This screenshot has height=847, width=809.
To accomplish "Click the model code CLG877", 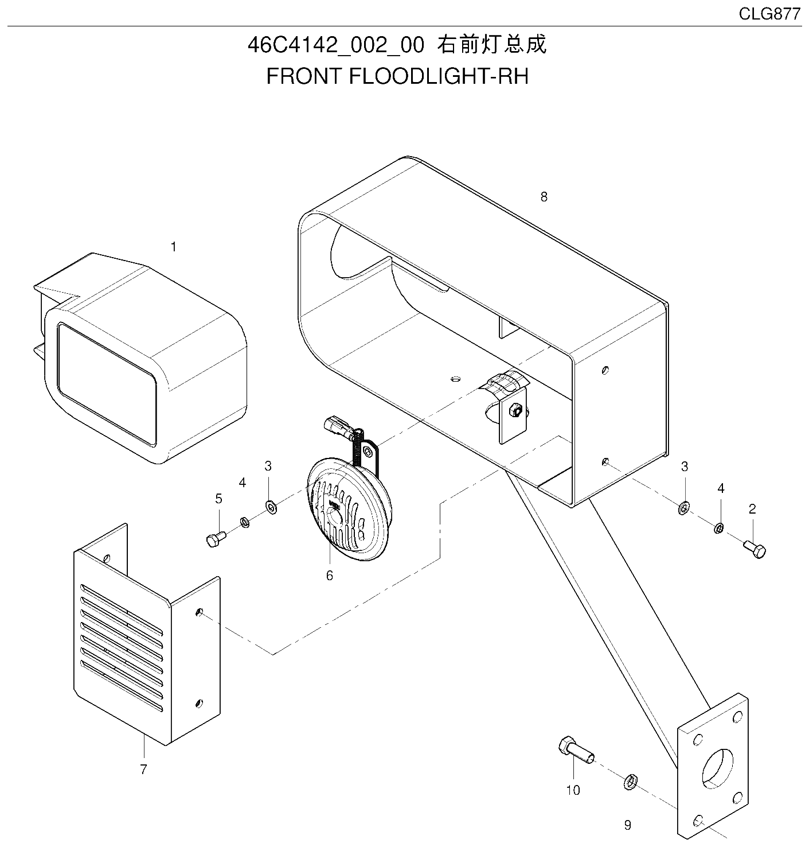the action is pyautogui.click(x=769, y=14).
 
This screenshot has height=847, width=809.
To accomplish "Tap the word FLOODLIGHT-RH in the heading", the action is pyautogui.click(x=439, y=76).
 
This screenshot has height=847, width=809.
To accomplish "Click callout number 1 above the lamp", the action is pyautogui.click(x=174, y=247).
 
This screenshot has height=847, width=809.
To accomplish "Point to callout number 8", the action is pyautogui.click(x=544, y=197).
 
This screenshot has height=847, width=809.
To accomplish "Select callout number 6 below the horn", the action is pyautogui.click(x=329, y=576).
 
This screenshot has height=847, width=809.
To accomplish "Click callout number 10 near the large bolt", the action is pyautogui.click(x=573, y=790).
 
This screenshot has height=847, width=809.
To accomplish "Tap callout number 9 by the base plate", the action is pyautogui.click(x=627, y=825).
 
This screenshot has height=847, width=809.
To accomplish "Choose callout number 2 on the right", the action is pyautogui.click(x=752, y=509).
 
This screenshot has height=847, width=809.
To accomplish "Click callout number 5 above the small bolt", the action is pyautogui.click(x=218, y=498).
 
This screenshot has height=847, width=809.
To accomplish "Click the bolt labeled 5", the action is pyautogui.click(x=216, y=539).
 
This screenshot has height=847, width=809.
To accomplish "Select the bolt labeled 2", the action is pyautogui.click(x=755, y=550).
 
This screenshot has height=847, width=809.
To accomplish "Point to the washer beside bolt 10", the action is pyautogui.click(x=630, y=782).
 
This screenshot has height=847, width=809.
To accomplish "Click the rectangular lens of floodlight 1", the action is pyautogui.click(x=107, y=383).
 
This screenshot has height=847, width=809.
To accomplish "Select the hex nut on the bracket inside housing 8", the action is pyautogui.click(x=514, y=409).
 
